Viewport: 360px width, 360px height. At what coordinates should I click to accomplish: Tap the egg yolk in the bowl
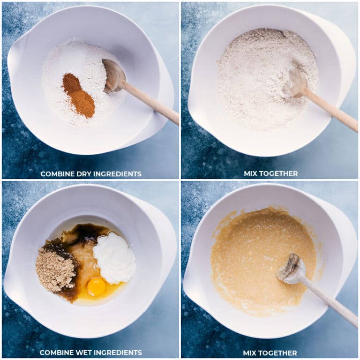pos(96,286)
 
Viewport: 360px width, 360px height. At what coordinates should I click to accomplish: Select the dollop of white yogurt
pos(114,259)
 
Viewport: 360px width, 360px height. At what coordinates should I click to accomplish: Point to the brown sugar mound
pos(55,270)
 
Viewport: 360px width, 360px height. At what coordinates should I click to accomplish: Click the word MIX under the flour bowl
pos(251,173)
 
